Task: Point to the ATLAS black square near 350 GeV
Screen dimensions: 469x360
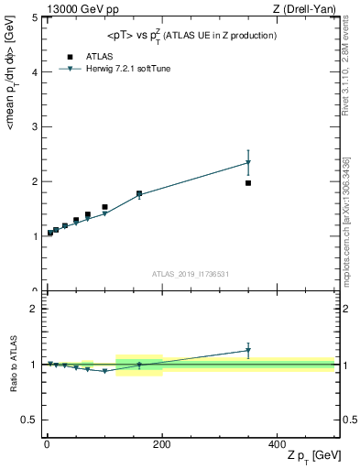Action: pos(248,183)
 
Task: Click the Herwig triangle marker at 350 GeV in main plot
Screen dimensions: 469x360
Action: pos(248,163)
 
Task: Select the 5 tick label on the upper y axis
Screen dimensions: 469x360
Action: pos(34,17)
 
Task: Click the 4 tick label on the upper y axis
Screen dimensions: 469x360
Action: pos(34,71)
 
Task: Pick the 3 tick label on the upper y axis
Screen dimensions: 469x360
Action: pos(34,126)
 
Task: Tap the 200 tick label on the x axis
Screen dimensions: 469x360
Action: pos(162,444)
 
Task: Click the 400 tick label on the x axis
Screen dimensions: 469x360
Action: pos(277,444)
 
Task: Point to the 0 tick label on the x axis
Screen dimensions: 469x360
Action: pos(47,444)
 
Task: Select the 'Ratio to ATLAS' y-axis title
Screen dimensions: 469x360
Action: pos(14,365)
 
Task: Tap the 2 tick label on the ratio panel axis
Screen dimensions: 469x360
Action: pos(34,309)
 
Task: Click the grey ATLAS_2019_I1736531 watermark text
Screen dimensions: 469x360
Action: pos(190,274)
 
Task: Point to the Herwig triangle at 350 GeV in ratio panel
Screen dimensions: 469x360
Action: pos(248,350)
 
